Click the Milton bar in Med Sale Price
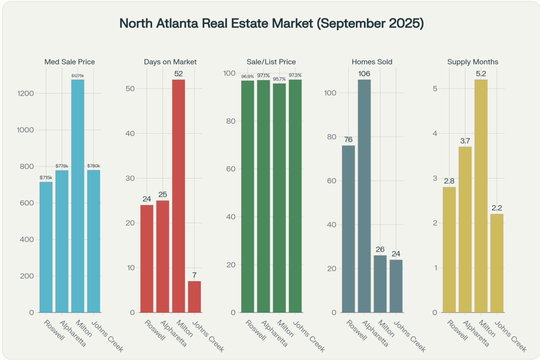[x=78, y=196]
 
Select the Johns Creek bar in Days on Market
[x=194, y=297]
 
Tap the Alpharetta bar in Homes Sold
[x=364, y=196]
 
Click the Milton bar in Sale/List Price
[x=279, y=198]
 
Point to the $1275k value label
[x=78, y=76]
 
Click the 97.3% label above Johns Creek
[x=295, y=75]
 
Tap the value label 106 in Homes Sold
[x=364, y=74]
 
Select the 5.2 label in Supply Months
[x=481, y=74]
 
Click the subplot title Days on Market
[x=170, y=62]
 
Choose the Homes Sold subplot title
[x=372, y=62]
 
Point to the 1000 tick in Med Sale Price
[x=25, y=130]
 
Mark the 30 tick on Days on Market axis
[x=130, y=178]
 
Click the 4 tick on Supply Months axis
[x=435, y=133]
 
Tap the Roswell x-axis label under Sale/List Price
[x=255, y=330]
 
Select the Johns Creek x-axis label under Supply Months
[x=510, y=336]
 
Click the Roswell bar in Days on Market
[x=147, y=259]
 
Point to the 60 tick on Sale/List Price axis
[x=231, y=169]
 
